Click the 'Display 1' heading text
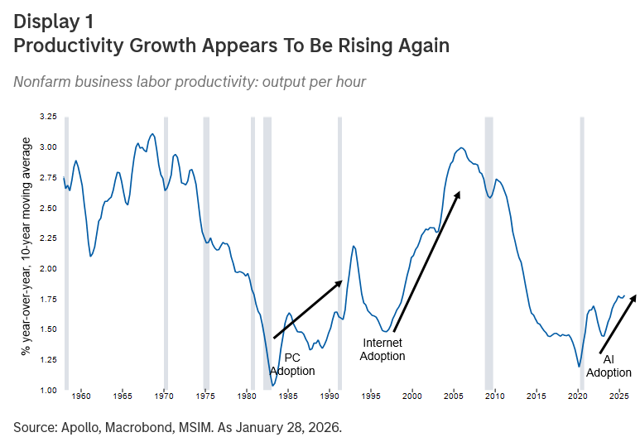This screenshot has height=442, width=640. coord(53,22)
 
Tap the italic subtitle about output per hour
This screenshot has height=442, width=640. coord(190,82)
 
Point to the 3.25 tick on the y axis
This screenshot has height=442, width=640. coord(48,118)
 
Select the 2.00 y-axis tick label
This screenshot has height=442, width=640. coord(48,269)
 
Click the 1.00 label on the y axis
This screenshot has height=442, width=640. coord(48,390)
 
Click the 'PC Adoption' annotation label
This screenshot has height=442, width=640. coord(293,364)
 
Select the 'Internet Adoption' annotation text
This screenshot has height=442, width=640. coord(383,348)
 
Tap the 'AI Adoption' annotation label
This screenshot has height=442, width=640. coord(609,366)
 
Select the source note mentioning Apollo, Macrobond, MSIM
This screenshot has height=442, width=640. coord(177,427)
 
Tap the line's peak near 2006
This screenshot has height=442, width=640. coord(461,148)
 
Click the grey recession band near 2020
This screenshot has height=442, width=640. coord(582,248)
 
